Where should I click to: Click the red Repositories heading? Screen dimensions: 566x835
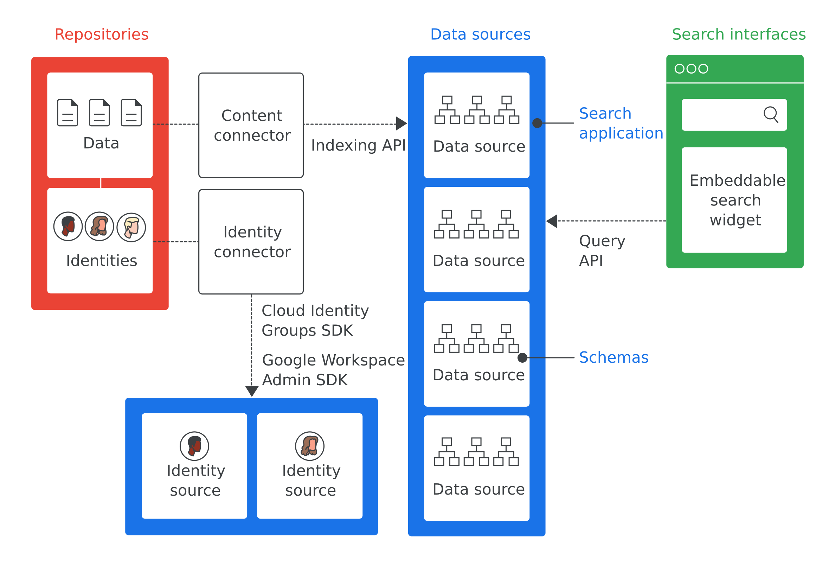[101, 34]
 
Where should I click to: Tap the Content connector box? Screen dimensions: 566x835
[251, 125]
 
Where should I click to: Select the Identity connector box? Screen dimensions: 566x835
[251, 242]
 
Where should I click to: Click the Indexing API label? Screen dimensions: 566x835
[358, 145]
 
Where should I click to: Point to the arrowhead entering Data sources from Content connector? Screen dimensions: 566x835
[402, 123]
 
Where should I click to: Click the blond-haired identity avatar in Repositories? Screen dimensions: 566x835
[131, 227]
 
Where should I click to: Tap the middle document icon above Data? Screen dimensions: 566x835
[99, 113]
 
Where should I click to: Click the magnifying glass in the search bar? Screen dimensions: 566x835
[770, 115]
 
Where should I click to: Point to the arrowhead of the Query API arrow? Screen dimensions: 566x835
[552, 221]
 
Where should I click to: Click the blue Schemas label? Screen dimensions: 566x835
[614, 357]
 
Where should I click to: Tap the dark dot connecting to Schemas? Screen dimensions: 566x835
[522, 357]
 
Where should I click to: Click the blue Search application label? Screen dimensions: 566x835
[621, 123]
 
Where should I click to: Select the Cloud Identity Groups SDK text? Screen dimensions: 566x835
[315, 320]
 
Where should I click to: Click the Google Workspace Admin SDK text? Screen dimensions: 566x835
[333, 370]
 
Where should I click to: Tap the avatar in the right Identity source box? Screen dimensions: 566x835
[310, 446]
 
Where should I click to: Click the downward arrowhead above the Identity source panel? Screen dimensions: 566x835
[252, 390]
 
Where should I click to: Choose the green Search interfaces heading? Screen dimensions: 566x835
[739, 34]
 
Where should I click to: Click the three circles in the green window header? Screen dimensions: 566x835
[691, 69]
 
